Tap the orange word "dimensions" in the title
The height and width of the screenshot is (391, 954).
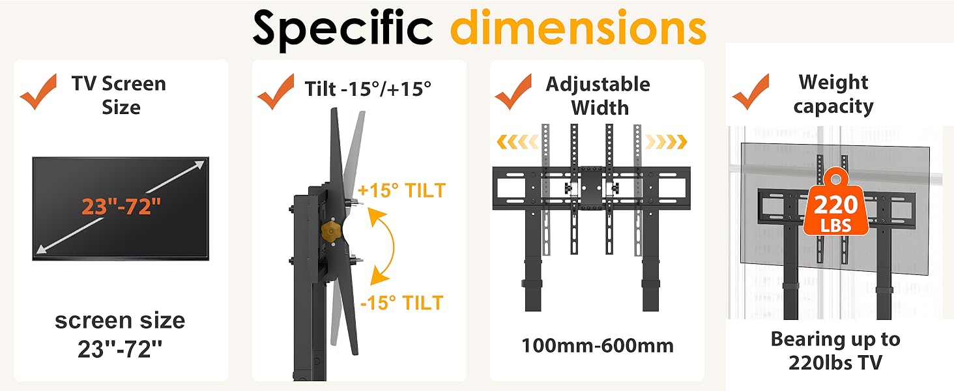[x=579, y=27]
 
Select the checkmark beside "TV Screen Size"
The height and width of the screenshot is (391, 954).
[x=38, y=92]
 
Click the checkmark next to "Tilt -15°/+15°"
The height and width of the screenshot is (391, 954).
[x=276, y=92]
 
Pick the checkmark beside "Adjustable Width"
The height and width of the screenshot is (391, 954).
[x=513, y=92]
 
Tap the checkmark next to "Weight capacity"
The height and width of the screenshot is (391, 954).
[x=751, y=92]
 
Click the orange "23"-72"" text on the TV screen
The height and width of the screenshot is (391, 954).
[x=121, y=207]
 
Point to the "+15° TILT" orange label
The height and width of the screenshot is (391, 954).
[x=401, y=190]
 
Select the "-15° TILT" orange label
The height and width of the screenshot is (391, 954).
[x=401, y=303]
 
